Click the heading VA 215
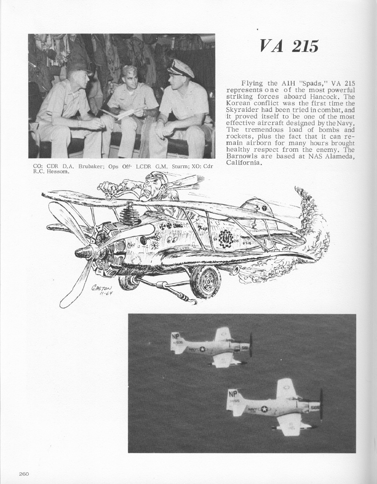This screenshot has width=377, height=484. point(288,46)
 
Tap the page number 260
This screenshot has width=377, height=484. point(24,473)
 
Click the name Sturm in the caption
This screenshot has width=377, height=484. point(179,166)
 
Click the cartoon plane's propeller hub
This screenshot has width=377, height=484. point(83,252)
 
